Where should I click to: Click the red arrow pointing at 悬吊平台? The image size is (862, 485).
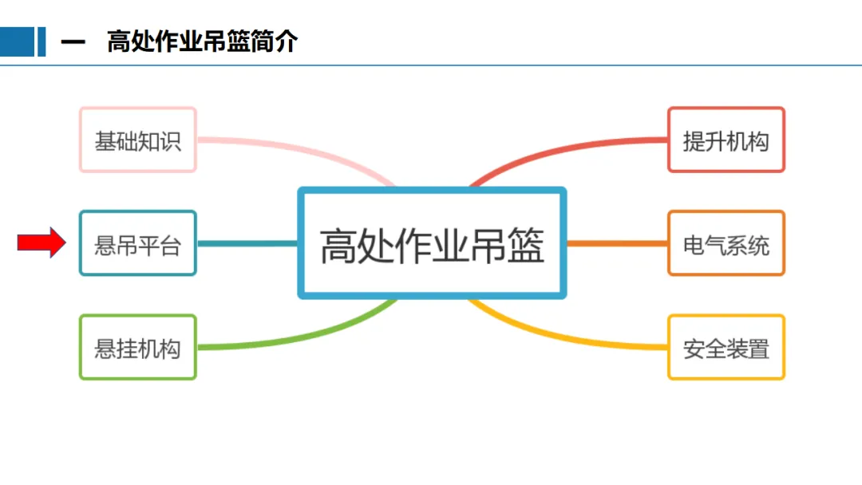(x=41, y=242)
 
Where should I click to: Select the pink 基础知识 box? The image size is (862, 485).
(x=138, y=140)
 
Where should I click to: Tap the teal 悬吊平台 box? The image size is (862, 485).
(x=138, y=243)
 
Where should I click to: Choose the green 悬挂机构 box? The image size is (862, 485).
(x=138, y=347)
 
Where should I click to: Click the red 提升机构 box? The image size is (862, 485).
(x=726, y=140)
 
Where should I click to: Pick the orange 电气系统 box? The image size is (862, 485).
(x=726, y=243)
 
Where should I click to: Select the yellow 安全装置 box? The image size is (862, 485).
(x=726, y=347)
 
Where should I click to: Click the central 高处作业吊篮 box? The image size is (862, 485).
(x=432, y=243)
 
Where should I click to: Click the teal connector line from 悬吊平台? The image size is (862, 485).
(x=247, y=243)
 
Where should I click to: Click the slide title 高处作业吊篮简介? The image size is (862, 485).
(x=202, y=41)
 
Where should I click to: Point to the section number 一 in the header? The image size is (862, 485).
(x=73, y=42)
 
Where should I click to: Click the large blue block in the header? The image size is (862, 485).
(x=17, y=41)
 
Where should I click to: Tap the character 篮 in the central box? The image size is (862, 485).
(x=524, y=245)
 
